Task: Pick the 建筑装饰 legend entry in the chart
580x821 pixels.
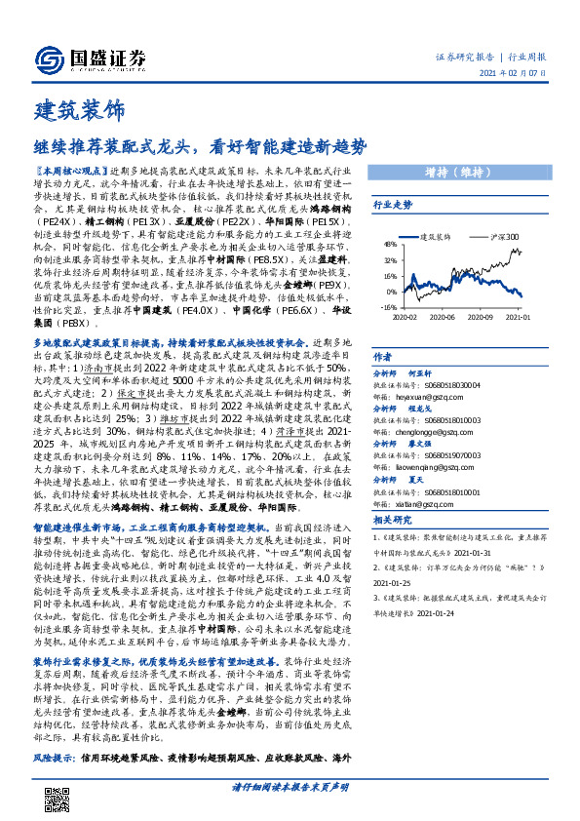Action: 435,236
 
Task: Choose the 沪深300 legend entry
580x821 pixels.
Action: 504,236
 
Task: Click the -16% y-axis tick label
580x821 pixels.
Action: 389,306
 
